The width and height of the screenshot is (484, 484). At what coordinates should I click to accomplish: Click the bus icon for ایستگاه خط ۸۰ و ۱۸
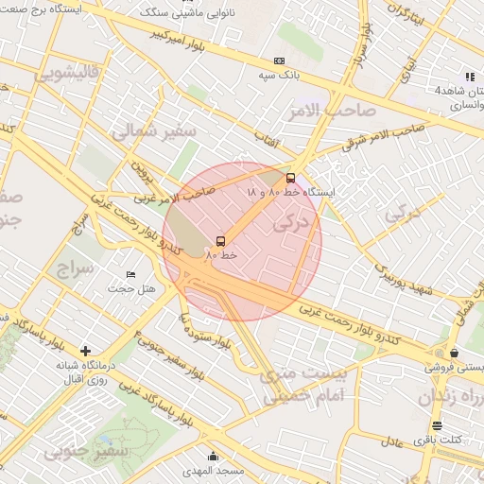(290, 177)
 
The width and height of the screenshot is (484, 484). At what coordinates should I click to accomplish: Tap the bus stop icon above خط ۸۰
(220, 241)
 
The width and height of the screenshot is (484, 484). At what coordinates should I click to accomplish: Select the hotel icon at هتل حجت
(130, 274)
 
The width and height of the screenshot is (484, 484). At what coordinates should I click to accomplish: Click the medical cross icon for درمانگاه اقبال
(86, 351)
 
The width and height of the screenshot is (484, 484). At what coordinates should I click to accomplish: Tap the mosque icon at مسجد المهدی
(214, 456)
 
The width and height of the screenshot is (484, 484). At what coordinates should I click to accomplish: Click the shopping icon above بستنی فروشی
(455, 353)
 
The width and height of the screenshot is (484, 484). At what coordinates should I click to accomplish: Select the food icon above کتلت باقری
(437, 425)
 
